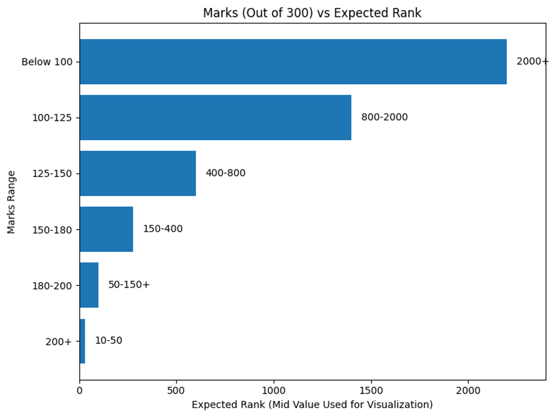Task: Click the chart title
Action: click(312, 13)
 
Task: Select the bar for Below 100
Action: click(293, 62)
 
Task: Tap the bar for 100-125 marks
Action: click(215, 118)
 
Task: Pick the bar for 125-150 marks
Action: click(138, 173)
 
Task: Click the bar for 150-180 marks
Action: click(106, 229)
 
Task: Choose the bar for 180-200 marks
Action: click(89, 285)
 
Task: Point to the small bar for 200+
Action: click(82, 341)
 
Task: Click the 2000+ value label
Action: click(532, 62)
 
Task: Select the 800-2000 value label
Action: click(385, 118)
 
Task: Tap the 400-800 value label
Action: click(226, 173)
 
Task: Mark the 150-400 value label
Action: click(163, 229)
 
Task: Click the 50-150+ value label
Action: click(129, 285)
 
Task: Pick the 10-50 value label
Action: click(108, 341)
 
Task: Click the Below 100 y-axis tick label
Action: click(47, 62)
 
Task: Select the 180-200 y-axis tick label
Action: click(52, 286)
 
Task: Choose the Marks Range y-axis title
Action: click(12, 202)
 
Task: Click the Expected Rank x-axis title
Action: click(312, 405)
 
